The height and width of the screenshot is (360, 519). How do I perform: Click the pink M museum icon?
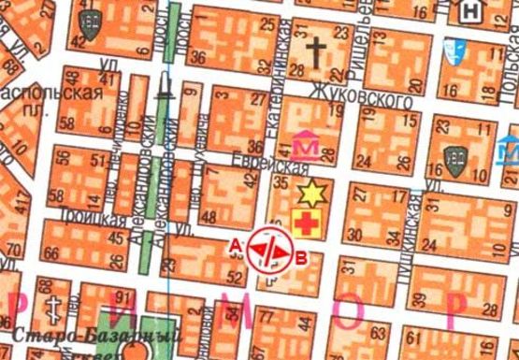(305, 146)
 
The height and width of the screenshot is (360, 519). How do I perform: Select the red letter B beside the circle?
(299, 258)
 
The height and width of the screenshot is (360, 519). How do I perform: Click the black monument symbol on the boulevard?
(166, 89)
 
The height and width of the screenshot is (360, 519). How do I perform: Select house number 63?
(379, 331)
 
